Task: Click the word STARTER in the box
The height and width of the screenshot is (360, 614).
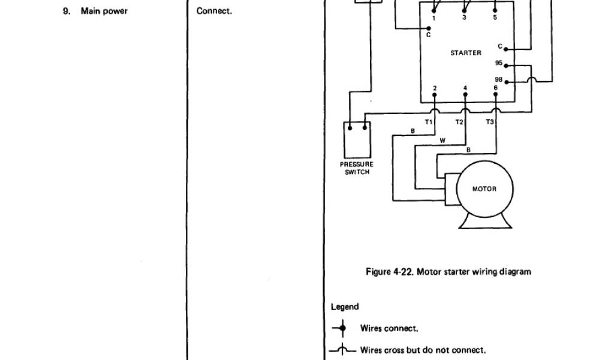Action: pyautogui.click(x=466, y=53)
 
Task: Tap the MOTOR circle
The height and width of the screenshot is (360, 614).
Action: pyautogui.click(x=484, y=189)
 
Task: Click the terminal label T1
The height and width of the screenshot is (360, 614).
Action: pyautogui.click(x=429, y=122)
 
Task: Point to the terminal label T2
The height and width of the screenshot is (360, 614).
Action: pyautogui.click(x=459, y=122)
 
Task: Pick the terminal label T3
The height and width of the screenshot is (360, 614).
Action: pyautogui.click(x=490, y=122)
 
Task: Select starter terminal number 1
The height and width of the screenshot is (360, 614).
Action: pyautogui.click(x=434, y=19)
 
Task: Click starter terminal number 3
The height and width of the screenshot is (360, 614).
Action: pyautogui.click(x=465, y=19)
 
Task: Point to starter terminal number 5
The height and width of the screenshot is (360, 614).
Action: pyautogui.click(x=495, y=19)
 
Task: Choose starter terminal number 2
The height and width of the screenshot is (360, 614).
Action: pyautogui.click(x=435, y=88)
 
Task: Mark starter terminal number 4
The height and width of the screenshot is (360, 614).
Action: pyautogui.click(x=465, y=88)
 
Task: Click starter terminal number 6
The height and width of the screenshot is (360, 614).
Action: pyautogui.click(x=495, y=88)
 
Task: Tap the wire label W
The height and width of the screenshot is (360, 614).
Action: pyautogui.click(x=443, y=141)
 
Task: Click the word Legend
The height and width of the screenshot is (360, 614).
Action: pyautogui.click(x=345, y=307)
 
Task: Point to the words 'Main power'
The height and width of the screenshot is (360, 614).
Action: pyautogui.click(x=104, y=11)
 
